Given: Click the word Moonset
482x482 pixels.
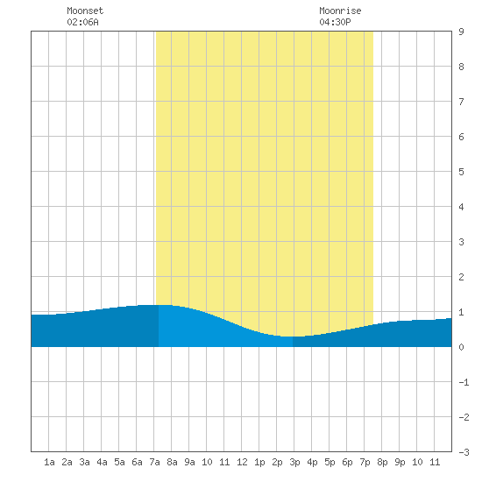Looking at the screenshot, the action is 85,11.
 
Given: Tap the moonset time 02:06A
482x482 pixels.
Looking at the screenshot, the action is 82,22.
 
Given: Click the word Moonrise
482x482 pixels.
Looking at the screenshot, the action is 340,11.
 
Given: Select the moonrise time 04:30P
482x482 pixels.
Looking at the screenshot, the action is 335,22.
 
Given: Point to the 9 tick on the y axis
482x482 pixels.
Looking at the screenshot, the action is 461,32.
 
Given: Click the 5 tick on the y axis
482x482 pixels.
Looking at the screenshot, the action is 461,172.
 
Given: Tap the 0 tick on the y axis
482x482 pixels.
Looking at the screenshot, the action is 461,347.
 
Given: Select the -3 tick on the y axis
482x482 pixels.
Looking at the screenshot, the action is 464,452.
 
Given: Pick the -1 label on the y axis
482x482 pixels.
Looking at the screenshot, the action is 464,382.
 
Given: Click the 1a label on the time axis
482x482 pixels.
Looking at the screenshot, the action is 49,462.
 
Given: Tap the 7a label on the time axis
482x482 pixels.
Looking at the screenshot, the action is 154,462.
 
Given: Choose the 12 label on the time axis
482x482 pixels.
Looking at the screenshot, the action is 242,462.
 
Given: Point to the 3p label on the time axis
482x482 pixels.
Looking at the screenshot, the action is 294,462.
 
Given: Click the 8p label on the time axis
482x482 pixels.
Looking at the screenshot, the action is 382,462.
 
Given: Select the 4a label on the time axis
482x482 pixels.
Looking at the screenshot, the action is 102,462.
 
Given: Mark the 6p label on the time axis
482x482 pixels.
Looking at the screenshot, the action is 347,462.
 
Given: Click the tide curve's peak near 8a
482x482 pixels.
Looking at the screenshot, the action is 163,305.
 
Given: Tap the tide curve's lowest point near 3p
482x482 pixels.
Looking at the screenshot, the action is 289,337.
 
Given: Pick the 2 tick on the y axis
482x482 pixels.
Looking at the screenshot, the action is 461,277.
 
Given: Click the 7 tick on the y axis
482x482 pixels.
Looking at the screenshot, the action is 461,102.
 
